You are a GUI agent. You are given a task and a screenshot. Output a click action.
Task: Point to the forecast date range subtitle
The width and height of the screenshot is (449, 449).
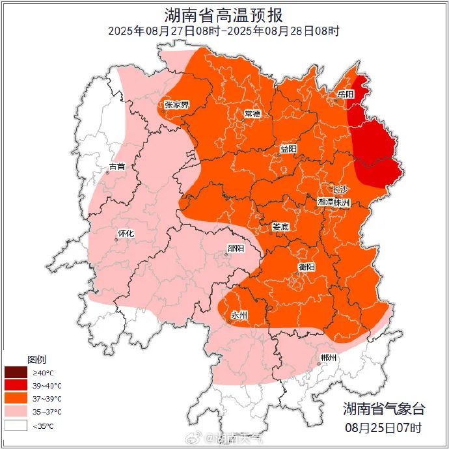click(224, 31)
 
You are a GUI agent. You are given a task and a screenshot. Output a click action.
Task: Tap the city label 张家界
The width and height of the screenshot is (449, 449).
click(176, 104)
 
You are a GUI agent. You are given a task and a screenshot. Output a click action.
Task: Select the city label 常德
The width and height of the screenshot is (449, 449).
click(252, 114)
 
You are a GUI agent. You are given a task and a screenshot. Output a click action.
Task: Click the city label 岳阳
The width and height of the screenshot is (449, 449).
click(346, 94)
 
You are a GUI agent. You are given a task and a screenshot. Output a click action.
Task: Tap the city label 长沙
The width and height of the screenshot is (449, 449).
click(340, 189)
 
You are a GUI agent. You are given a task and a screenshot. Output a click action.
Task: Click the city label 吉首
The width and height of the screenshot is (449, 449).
click(117, 167)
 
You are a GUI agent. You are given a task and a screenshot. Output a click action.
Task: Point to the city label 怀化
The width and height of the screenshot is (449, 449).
click(126, 234)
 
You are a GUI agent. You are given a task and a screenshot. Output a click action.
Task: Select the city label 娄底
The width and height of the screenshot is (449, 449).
click(280, 226)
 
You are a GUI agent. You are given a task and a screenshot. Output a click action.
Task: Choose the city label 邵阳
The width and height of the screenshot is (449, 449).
click(236, 249)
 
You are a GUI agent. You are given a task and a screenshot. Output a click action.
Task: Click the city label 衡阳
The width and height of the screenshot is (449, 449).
click(306, 267)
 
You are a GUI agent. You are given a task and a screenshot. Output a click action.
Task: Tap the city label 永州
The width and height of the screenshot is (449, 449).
click(239, 315)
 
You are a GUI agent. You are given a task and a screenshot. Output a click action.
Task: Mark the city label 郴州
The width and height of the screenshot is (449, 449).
click(329, 359)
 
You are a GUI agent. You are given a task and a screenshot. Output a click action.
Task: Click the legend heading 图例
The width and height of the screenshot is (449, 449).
click(36, 359)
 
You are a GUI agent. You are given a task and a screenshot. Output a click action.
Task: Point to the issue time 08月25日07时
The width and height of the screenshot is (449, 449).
click(384, 428)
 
